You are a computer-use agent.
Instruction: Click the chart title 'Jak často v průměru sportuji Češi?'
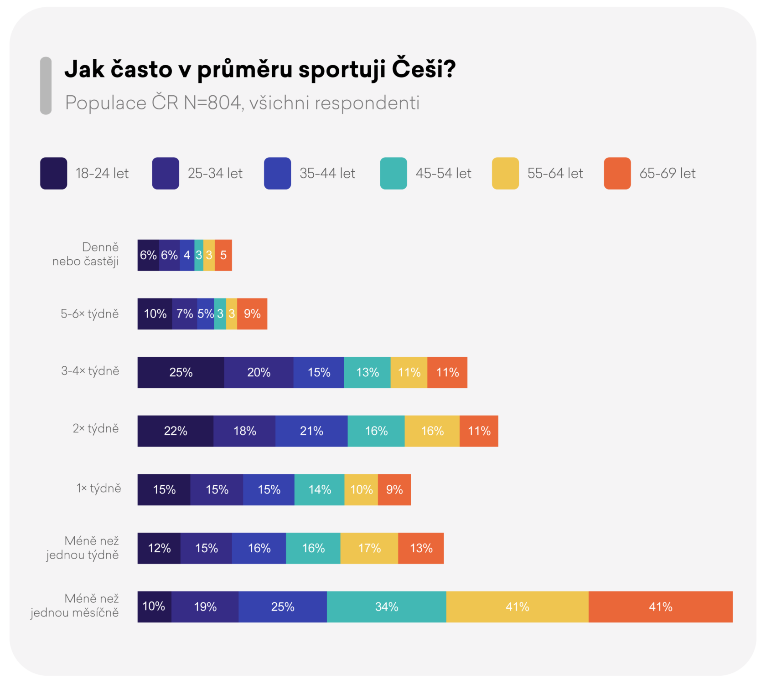coord(260,70)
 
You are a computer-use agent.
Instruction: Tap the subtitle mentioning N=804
coord(242,103)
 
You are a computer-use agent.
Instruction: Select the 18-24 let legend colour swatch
coord(54,173)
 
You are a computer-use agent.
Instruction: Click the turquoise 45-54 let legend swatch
coord(393,173)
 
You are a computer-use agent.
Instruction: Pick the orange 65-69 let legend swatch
coord(617,173)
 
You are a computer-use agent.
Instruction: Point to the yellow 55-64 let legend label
coord(555,174)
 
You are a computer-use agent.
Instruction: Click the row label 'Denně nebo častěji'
coord(86,254)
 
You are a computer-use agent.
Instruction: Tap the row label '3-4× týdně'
coord(90,371)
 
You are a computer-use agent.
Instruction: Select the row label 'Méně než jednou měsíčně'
coord(75,606)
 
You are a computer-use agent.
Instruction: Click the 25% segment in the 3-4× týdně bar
coord(181,372)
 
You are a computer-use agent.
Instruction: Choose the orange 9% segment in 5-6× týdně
coord(252,314)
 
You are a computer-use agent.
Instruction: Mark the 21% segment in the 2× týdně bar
coord(311,431)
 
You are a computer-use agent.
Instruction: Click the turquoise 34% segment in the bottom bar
coord(387,607)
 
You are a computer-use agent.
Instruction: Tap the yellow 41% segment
coord(517,607)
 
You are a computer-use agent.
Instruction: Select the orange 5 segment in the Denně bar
coord(223,255)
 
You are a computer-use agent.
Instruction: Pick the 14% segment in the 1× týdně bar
coord(320,490)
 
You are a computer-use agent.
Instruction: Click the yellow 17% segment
coord(369,548)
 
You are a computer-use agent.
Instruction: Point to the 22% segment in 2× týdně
coord(176,431)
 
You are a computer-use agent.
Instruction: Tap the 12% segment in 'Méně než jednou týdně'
coord(159,548)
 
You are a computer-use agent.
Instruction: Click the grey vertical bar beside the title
coord(46,86)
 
